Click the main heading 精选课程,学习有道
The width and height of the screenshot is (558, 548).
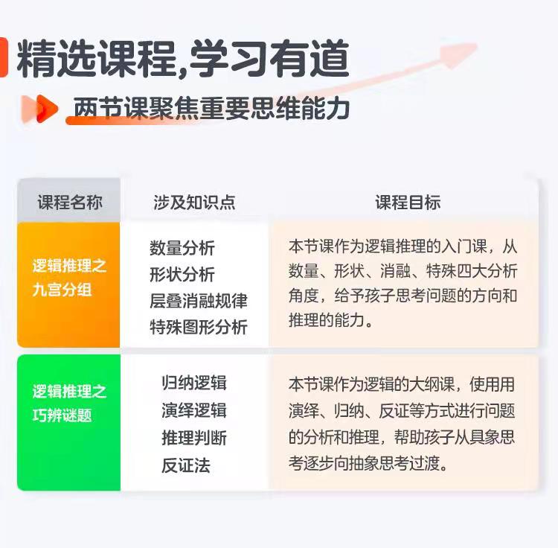click(183, 59)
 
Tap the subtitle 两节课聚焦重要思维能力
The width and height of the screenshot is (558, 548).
click(211, 108)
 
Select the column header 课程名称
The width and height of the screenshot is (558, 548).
click(70, 203)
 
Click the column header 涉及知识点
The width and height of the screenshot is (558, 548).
click(194, 203)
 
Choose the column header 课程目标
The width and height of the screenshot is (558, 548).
click(408, 203)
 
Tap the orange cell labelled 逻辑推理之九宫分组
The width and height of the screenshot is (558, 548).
click(68, 284)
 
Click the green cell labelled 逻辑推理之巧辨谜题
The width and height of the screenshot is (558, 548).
click(68, 423)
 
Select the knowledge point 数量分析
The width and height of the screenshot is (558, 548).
click(182, 248)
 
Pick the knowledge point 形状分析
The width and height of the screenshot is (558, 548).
click(182, 274)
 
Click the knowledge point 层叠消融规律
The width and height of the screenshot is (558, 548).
click(199, 301)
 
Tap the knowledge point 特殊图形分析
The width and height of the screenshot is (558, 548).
click(199, 327)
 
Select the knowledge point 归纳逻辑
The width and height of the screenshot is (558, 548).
click(194, 383)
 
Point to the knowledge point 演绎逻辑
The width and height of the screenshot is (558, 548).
click(194, 410)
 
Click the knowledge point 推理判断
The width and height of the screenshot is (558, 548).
click(194, 438)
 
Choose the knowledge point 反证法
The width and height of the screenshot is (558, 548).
click(186, 465)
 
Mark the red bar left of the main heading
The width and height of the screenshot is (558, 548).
click(4, 57)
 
